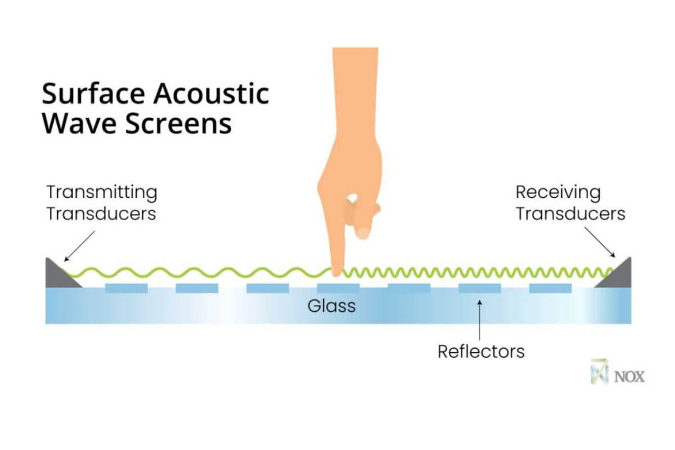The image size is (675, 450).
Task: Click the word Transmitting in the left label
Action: pos(101,192)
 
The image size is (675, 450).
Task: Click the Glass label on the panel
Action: pos(331,307)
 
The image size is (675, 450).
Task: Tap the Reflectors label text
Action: pos(481,352)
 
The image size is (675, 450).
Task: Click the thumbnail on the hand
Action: pos(364,231)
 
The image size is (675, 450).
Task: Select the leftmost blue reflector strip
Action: pos(126,289)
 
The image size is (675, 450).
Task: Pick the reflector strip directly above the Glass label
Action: pos(338,289)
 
